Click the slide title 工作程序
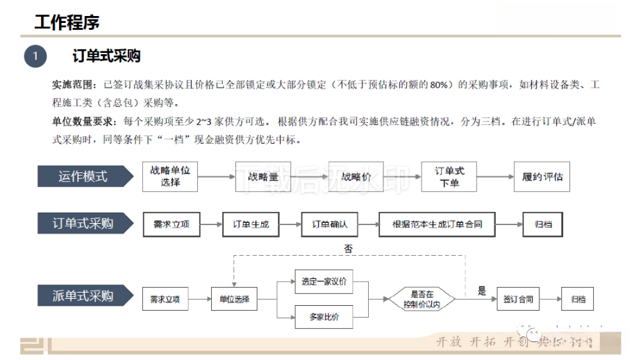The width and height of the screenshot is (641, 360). click(67, 22)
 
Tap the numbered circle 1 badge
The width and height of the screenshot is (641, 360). click(35, 56)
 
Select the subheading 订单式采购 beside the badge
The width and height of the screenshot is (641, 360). click(107, 56)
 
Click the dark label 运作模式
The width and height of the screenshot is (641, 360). click(84, 177)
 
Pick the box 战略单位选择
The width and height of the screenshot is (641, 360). click(169, 177)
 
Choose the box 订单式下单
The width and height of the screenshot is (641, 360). click(449, 177)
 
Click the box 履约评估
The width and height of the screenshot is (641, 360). click(542, 177)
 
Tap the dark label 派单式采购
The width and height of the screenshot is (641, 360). click(84, 297)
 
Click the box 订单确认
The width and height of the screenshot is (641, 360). click(329, 224)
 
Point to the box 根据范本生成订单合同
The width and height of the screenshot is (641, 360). click(437, 224)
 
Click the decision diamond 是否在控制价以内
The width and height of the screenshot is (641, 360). click(422, 299)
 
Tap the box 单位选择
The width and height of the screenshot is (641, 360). click(234, 300)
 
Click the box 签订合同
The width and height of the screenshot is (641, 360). click(518, 300)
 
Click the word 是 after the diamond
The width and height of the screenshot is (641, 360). click(482, 291)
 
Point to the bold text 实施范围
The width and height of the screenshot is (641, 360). click(72, 85)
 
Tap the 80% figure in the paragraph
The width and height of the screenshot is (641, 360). click(438, 85)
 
